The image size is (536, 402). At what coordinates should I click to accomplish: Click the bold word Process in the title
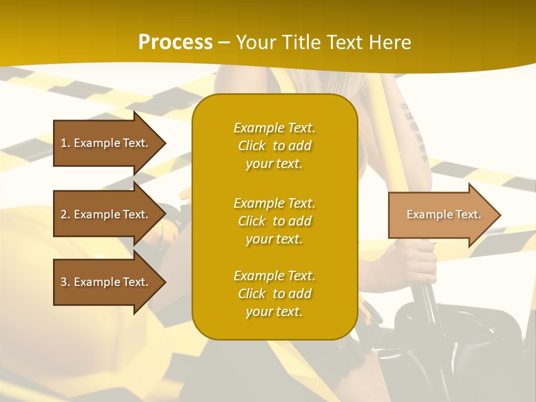click(175, 42)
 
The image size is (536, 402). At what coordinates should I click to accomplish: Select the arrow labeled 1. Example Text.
click(106, 143)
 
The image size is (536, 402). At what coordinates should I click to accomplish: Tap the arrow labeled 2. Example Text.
click(106, 214)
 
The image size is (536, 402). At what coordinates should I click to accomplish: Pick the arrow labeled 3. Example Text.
click(106, 282)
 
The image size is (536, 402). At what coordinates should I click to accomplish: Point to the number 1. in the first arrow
click(65, 143)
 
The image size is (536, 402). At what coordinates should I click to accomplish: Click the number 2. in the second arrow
click(65, 214)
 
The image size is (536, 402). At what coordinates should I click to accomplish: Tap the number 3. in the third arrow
click(65, 282)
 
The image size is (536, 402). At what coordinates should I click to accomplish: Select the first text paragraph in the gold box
click(274, 146)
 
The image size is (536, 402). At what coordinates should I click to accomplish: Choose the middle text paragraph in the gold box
click(274, 221)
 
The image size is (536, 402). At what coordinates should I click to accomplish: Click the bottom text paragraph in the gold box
click(274, 294)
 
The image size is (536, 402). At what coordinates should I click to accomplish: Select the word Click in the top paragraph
click(252, 146)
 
